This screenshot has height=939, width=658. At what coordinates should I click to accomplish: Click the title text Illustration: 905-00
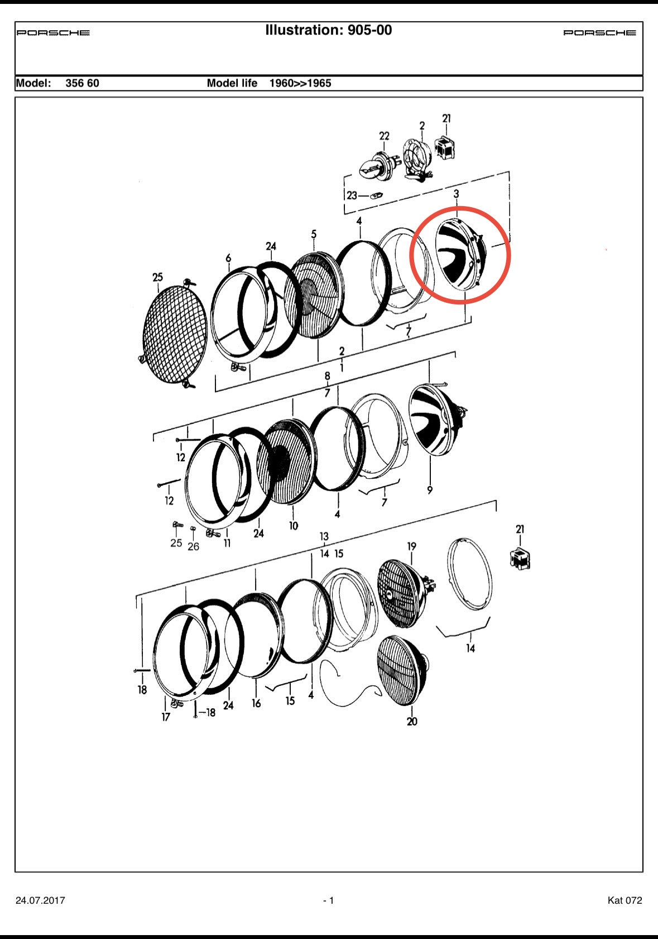pyautogui.click(x=329, y=30)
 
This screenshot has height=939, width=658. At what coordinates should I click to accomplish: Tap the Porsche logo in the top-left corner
pyautogui.click(x=53, y=33)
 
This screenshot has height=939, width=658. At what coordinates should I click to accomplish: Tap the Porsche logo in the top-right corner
pyautogui.click(x=600, y=33)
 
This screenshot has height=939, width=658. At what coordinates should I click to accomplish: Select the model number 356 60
pyautogui.click(x=83, y=83)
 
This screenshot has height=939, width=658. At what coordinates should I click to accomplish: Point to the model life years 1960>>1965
pyautogui.click(x=300, y=83)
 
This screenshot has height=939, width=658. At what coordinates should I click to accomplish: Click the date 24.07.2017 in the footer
pyautogui.click(x=40, y=900)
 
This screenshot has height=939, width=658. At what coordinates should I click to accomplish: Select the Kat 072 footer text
pyautogui.click(x=625, y=900)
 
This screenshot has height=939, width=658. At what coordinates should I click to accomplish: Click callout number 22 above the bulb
pyautogui.click(x=384, y=136)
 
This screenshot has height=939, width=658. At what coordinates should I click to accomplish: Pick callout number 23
pyautogui.click(x=352, y=196)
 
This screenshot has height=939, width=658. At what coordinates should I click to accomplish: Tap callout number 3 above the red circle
pyautogui.click(x=456, y=194)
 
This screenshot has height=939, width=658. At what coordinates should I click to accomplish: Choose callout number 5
pyautogui.click(x=314, y=234)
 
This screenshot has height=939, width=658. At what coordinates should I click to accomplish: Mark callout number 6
pyautogui.click(x=228, y=258)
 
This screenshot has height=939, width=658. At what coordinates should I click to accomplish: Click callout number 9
pyautogui.click(x=430, y=490)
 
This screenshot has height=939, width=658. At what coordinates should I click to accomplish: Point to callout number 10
pyautogui.click(x=293, y=526)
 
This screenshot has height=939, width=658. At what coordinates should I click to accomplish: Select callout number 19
pyautogui.click(x=412, y=547)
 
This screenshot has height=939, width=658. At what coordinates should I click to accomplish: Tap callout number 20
pyautogui.click(x=412, y=722)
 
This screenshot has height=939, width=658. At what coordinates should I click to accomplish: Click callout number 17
pyautogui.click(x=166, y=717)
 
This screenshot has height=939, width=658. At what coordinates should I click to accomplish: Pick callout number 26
pyautogui.click(x=193, y=547)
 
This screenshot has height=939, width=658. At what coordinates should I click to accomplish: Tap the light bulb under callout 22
pyautogui.click(x=375, y=165)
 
